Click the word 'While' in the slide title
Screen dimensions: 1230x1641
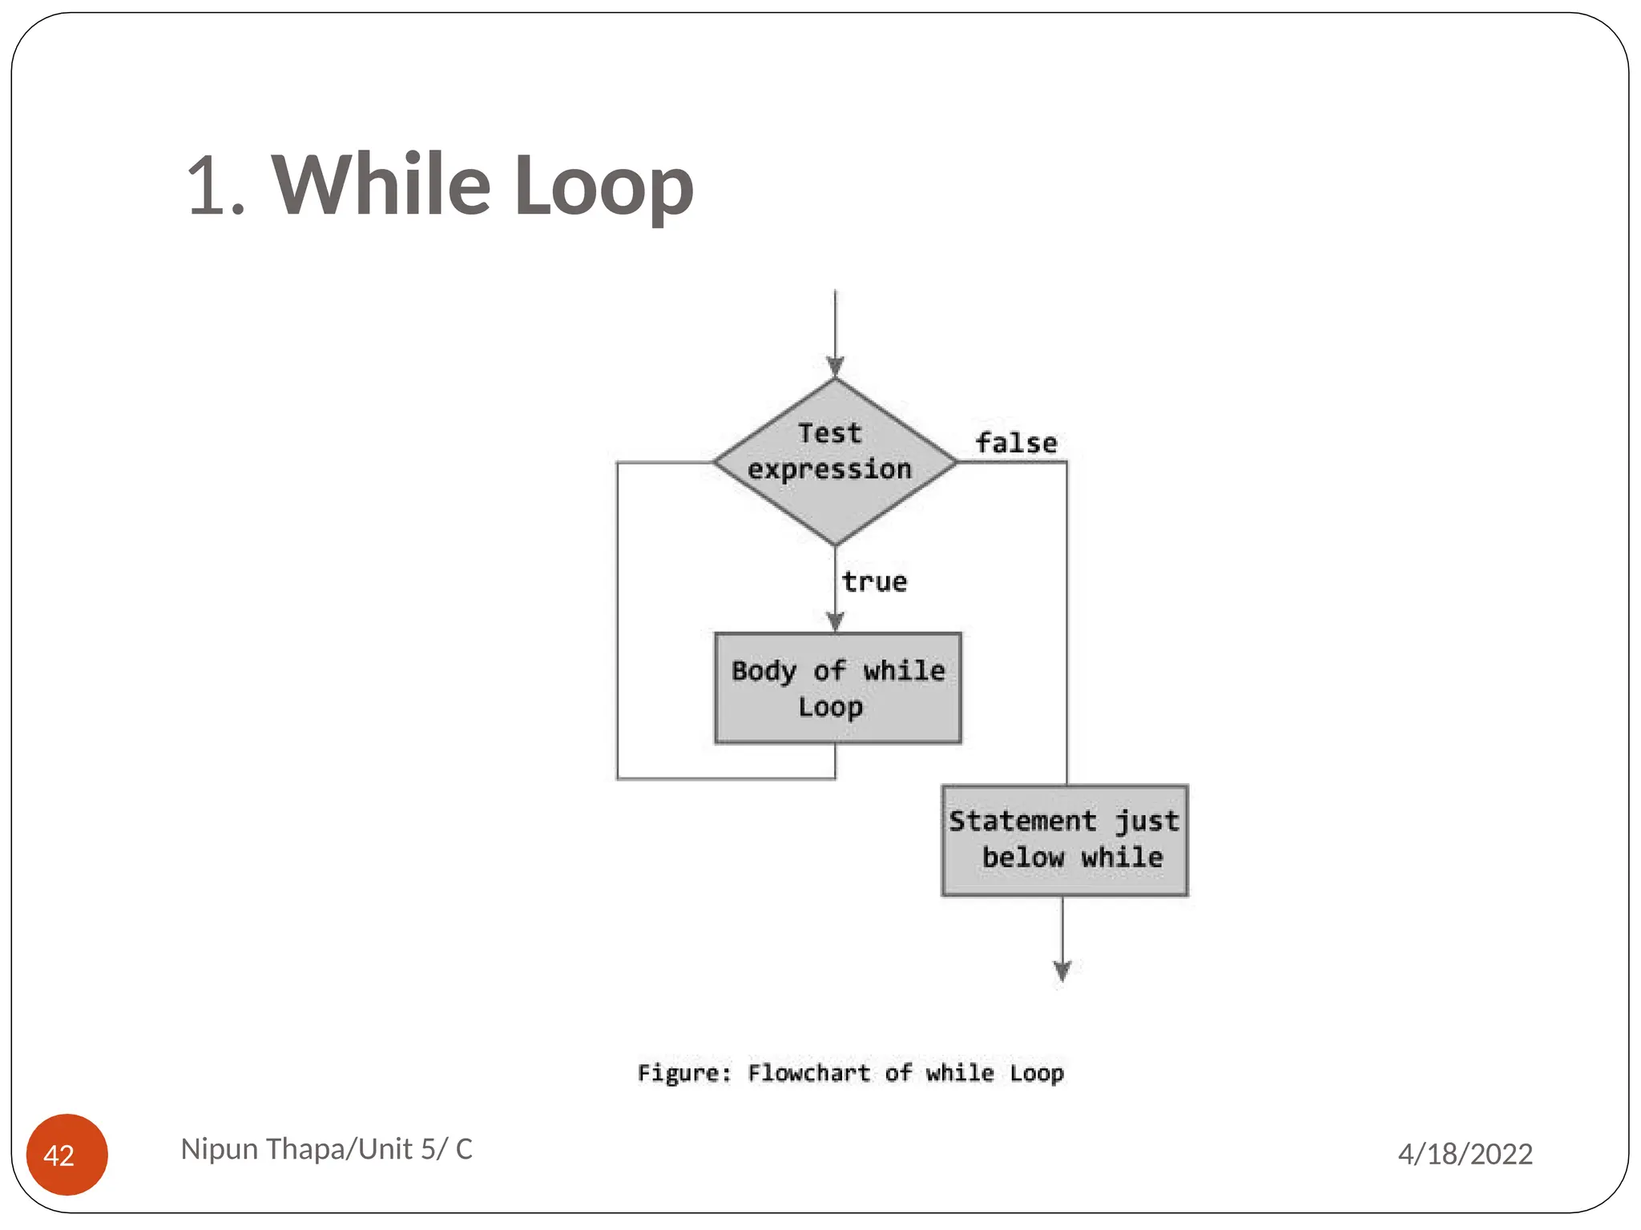pyautogui.click(x=381, y=185)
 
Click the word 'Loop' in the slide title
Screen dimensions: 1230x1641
pyautogui.click(x=603, y=188)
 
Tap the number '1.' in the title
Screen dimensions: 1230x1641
pyautogui.click(x=215, y=187)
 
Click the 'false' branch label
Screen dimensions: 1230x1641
pyautogui.click(x=1016, y=443)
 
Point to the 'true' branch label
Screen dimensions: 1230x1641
pyautogui.click(x=874, y=582)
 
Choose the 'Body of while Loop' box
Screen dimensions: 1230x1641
pyautogui.click(x=837, y=689)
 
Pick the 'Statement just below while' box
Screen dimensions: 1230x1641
pyautogui.click(x=1064, y=840)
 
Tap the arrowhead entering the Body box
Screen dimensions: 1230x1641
pyautogui.click(x=835, y=622)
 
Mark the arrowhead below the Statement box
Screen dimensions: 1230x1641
pyautogui.click(x=1062, y=971)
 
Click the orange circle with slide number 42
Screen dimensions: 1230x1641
pyautogui.click(x=67, y=1154)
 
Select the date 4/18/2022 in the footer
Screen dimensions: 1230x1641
pyautogui.click(x=1465, y=1154)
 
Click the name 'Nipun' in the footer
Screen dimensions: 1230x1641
pyautogui.click(x=219, y=1149)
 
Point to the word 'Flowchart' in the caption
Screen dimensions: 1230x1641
pyautogui.click(x=808, y=1073)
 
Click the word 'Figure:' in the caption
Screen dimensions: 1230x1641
pyautogui.click(x=684, y=1073)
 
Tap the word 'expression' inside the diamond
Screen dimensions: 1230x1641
pyautogui.click(x=829, y=469)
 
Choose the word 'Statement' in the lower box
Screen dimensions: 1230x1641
pyautogui.click(x=1022, y=821)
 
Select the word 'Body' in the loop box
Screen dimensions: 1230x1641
pyautogui.click(x=764, y=671)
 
